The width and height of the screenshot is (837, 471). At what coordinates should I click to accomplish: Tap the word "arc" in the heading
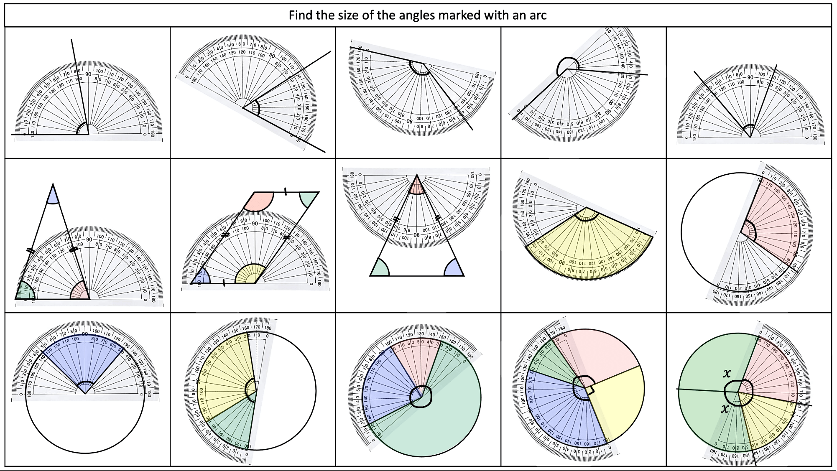[x=538, y=15]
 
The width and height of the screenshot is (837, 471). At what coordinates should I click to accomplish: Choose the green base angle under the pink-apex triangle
[x=380, y=269]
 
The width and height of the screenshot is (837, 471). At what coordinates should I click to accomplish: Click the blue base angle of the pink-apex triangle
[x=454, y=269]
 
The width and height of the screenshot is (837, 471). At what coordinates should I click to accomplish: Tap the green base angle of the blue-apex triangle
[x=24, y=292]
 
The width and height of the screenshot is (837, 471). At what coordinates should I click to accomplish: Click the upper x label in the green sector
[x=727, y=373]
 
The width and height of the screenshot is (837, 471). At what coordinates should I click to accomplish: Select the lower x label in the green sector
[x=725, y=408]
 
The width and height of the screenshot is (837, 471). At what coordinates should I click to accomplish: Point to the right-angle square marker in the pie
[x=589, y=390]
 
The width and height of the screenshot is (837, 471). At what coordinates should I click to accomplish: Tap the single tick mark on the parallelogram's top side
[x=285, y=192]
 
